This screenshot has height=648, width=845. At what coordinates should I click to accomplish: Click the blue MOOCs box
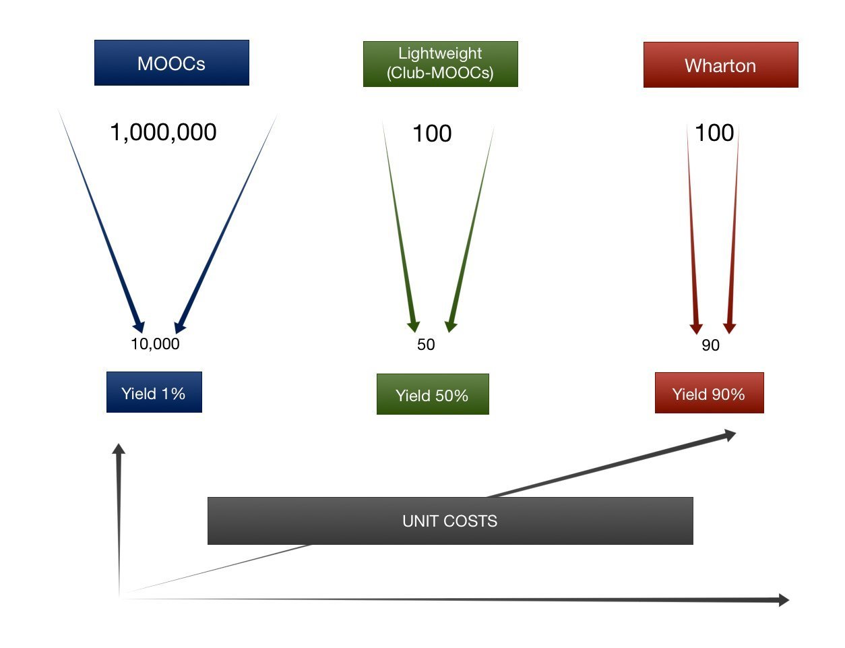click(171, 63)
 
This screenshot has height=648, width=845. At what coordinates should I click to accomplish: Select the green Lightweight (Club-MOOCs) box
click(440, 64)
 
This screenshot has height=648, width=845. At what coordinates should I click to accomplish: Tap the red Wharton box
click(720, 65)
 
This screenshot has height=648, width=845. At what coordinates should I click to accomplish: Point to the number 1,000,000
click(163, 132)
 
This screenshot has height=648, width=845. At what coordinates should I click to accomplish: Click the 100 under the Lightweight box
click(432, 134)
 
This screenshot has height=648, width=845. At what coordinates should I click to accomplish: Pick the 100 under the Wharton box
click(714, 133)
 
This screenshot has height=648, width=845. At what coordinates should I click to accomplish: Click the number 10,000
click(155, 344)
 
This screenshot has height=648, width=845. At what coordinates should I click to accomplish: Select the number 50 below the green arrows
click(426, 345)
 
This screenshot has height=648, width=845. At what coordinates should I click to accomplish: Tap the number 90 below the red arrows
click(710, 345)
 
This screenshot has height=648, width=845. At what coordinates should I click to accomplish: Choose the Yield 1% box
click(154, 392)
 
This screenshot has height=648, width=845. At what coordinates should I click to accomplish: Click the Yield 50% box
click(432, 394)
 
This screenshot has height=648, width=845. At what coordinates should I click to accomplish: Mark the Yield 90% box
click(709, 393)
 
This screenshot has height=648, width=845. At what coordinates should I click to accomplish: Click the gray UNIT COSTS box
click(449, 521)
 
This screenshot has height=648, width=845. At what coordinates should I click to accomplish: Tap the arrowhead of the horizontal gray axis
click(783, 599)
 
